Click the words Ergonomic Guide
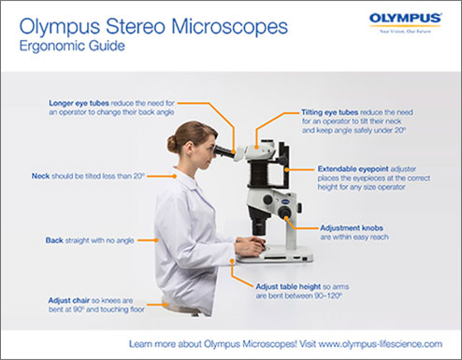[x=63, y=48]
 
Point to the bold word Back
[x=54, y=240]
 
